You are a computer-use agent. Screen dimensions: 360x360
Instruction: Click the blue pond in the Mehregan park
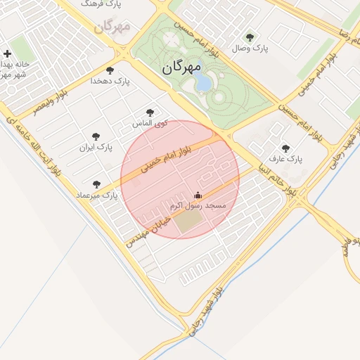202,84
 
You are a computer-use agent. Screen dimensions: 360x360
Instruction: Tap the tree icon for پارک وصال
250,37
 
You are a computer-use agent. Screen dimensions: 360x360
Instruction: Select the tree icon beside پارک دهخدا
110,70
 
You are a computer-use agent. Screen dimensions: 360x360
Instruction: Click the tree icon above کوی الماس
149,112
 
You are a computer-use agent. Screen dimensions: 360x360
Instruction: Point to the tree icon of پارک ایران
96,136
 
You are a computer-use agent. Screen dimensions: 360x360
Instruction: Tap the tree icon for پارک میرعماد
96,184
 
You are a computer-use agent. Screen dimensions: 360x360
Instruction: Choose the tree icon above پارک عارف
285,148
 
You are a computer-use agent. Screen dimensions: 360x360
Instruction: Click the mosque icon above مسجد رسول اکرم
198,195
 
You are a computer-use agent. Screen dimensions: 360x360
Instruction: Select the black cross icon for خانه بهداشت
7,53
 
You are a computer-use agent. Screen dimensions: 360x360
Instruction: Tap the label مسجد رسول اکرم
198,205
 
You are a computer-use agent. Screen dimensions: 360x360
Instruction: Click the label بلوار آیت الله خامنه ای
34,152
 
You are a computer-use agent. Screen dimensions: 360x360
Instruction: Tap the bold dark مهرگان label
181,67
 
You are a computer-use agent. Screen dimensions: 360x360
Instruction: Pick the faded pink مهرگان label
112,27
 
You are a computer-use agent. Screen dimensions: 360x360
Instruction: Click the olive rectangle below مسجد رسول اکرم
187,222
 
